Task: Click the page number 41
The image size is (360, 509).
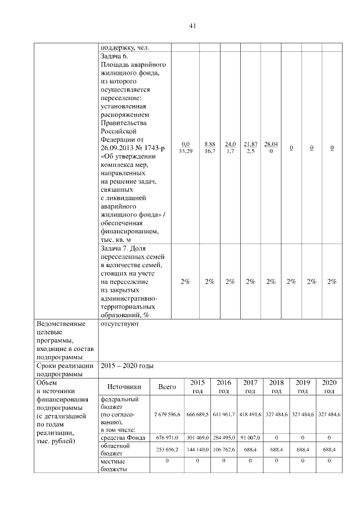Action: [192, 26]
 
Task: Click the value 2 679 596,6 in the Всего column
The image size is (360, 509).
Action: [167, 414]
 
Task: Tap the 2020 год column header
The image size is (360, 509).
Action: [329, 386]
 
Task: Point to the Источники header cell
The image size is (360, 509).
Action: [124, 386]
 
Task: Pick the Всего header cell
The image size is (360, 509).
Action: [167, 386]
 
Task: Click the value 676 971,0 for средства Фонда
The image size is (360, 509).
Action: [167, 437]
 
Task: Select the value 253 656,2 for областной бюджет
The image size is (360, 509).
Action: [167, 449]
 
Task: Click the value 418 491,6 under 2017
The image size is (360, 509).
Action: [250, 414]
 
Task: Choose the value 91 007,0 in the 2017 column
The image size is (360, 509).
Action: [250, 437]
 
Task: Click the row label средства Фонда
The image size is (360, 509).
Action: [123, 437]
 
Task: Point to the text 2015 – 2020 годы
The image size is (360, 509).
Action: [127, 366]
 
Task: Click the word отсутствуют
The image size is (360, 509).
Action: [120, 325]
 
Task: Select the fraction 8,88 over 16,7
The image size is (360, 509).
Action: [210, 148]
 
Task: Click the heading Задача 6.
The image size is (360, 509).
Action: [115, 56]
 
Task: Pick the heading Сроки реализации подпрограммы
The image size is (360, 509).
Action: [64, 370]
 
